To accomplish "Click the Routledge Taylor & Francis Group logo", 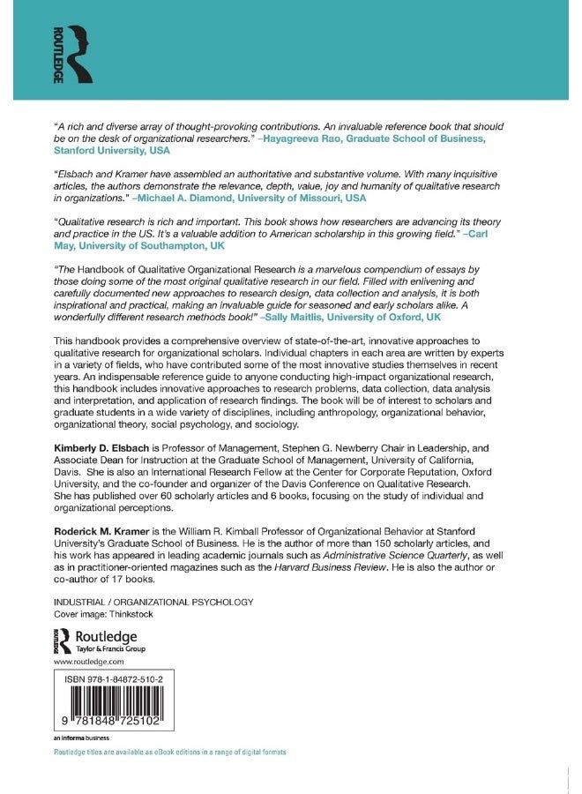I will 101,640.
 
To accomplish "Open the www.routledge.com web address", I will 89,661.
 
